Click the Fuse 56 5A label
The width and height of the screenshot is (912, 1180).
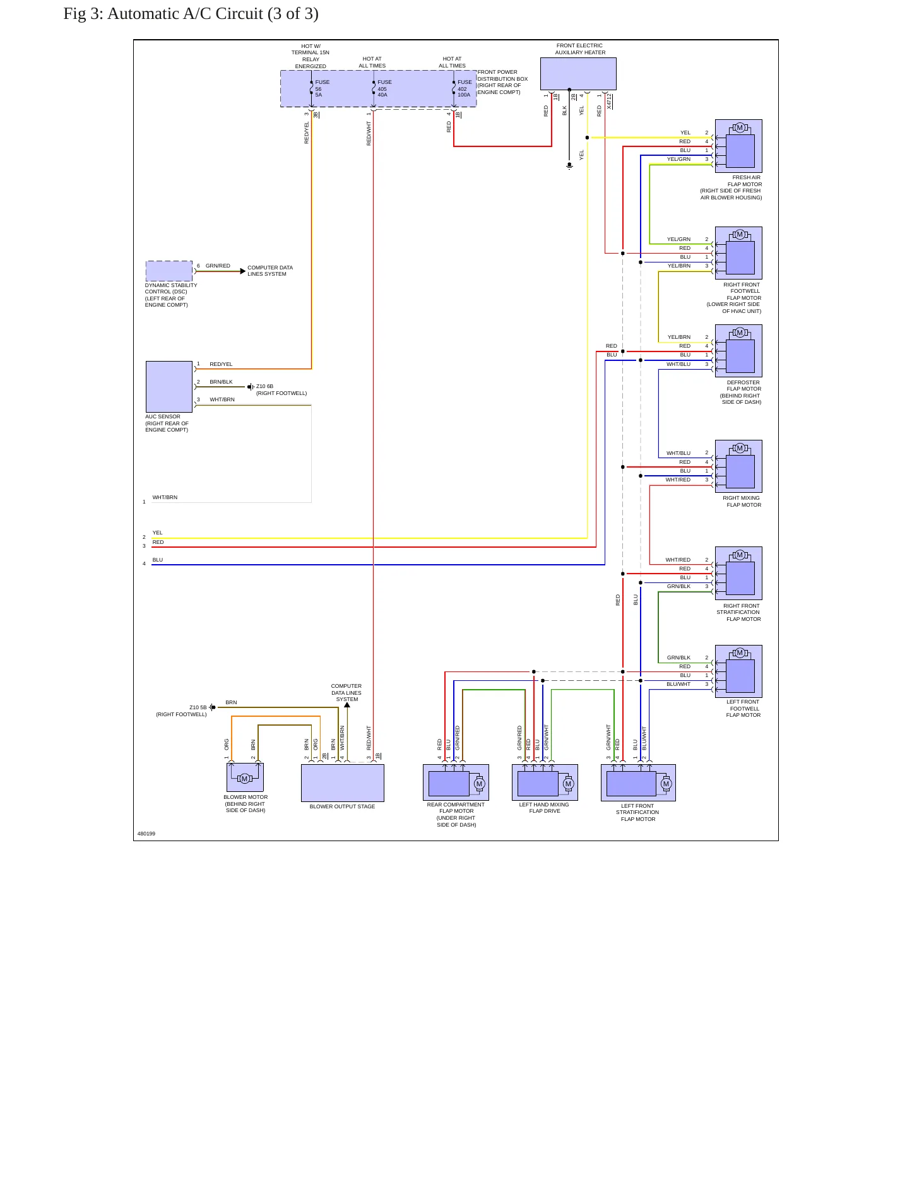tap(322, 88)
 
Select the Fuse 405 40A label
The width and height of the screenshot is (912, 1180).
tap(384, 88)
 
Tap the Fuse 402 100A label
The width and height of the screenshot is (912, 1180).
tap(465, 88)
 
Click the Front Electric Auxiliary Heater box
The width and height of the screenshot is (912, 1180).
tap(578, 74)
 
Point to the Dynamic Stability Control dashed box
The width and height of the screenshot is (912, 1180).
tap(169, 271)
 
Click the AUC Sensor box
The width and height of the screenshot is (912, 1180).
tap(169, 387)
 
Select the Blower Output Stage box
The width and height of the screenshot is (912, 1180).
tap(343, 783)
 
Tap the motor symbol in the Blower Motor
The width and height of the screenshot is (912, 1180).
tap(245, 779)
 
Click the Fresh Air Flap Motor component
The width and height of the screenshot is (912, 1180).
tap(738, 146)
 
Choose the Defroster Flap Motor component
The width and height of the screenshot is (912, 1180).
tap(738, 351)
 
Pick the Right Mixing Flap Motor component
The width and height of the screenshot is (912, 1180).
tap(738, 466)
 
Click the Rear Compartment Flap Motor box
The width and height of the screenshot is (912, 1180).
tap(456, 782)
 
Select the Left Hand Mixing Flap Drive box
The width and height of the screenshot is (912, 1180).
tap(545, 782)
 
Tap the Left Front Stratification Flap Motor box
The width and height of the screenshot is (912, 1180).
tap(638, 783)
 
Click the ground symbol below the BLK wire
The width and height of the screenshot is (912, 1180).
tap(569, 167)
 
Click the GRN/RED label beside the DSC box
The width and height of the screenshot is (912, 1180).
tap(218, 266)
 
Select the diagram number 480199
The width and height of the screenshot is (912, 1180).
tap(146, 834)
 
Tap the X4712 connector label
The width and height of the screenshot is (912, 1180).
tap(609, 102)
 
